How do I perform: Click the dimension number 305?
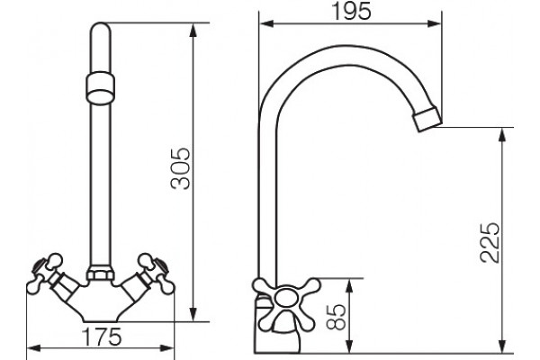(181, 169)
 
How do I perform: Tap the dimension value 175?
(102, 337)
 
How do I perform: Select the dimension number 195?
(352, 11)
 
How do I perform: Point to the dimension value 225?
(490, 242)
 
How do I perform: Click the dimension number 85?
(336, 317)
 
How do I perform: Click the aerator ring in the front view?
(100, 87)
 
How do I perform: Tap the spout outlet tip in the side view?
(427, 119)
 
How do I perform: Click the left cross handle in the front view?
(45, 274)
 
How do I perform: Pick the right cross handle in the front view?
(156, 274)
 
